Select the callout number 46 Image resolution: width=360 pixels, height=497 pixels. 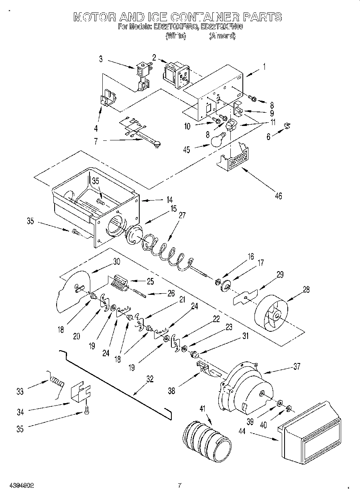278,196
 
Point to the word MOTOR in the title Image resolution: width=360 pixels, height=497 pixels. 95,17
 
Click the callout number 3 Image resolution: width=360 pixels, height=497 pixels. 101,59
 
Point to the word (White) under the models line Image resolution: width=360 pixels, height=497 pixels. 176,36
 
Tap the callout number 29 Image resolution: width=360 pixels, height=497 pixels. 279,274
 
